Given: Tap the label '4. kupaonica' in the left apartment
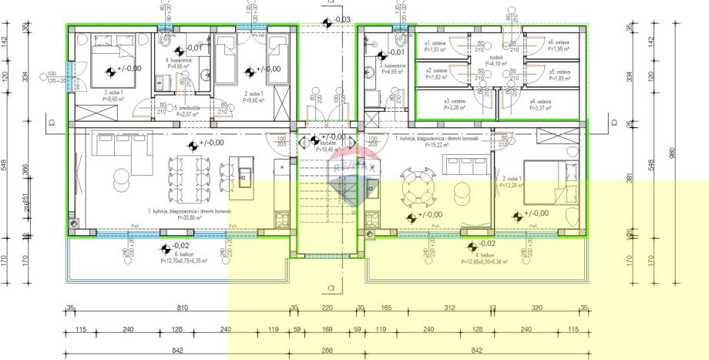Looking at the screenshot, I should tap(179, 60).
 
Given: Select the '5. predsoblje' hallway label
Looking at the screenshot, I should tap(188, 108).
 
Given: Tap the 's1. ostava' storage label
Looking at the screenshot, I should tap(436, 43).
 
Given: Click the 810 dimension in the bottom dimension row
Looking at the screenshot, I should tap(183, 308).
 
